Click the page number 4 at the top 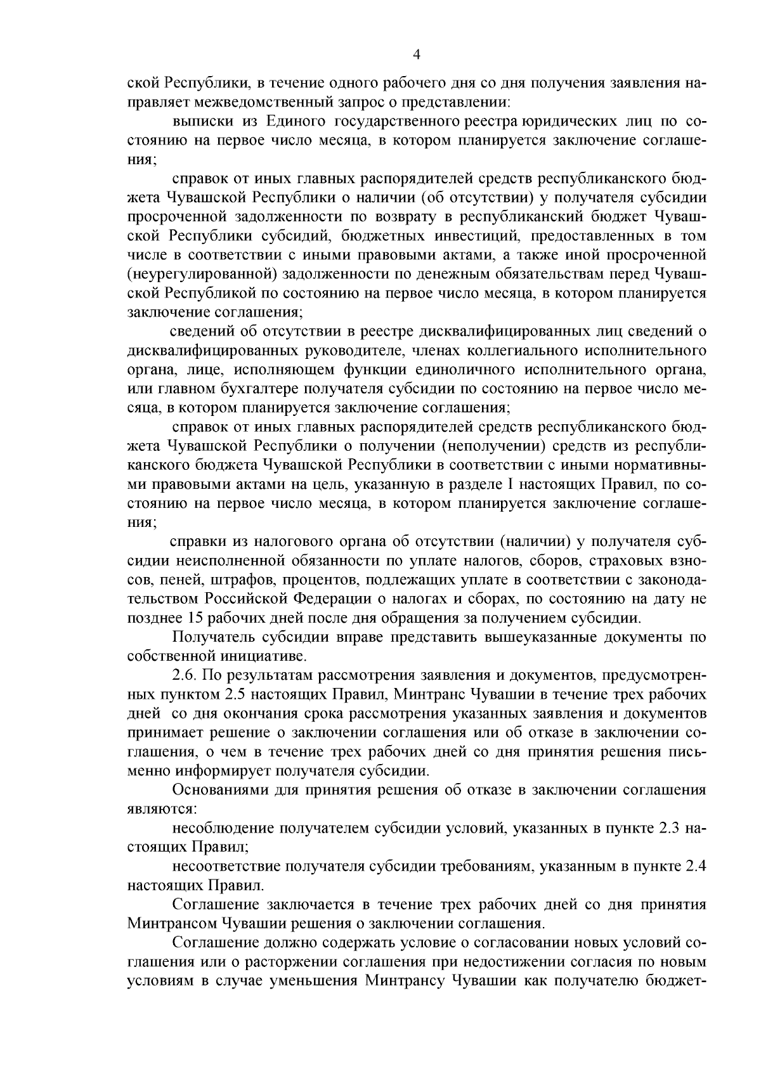point(417,55)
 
